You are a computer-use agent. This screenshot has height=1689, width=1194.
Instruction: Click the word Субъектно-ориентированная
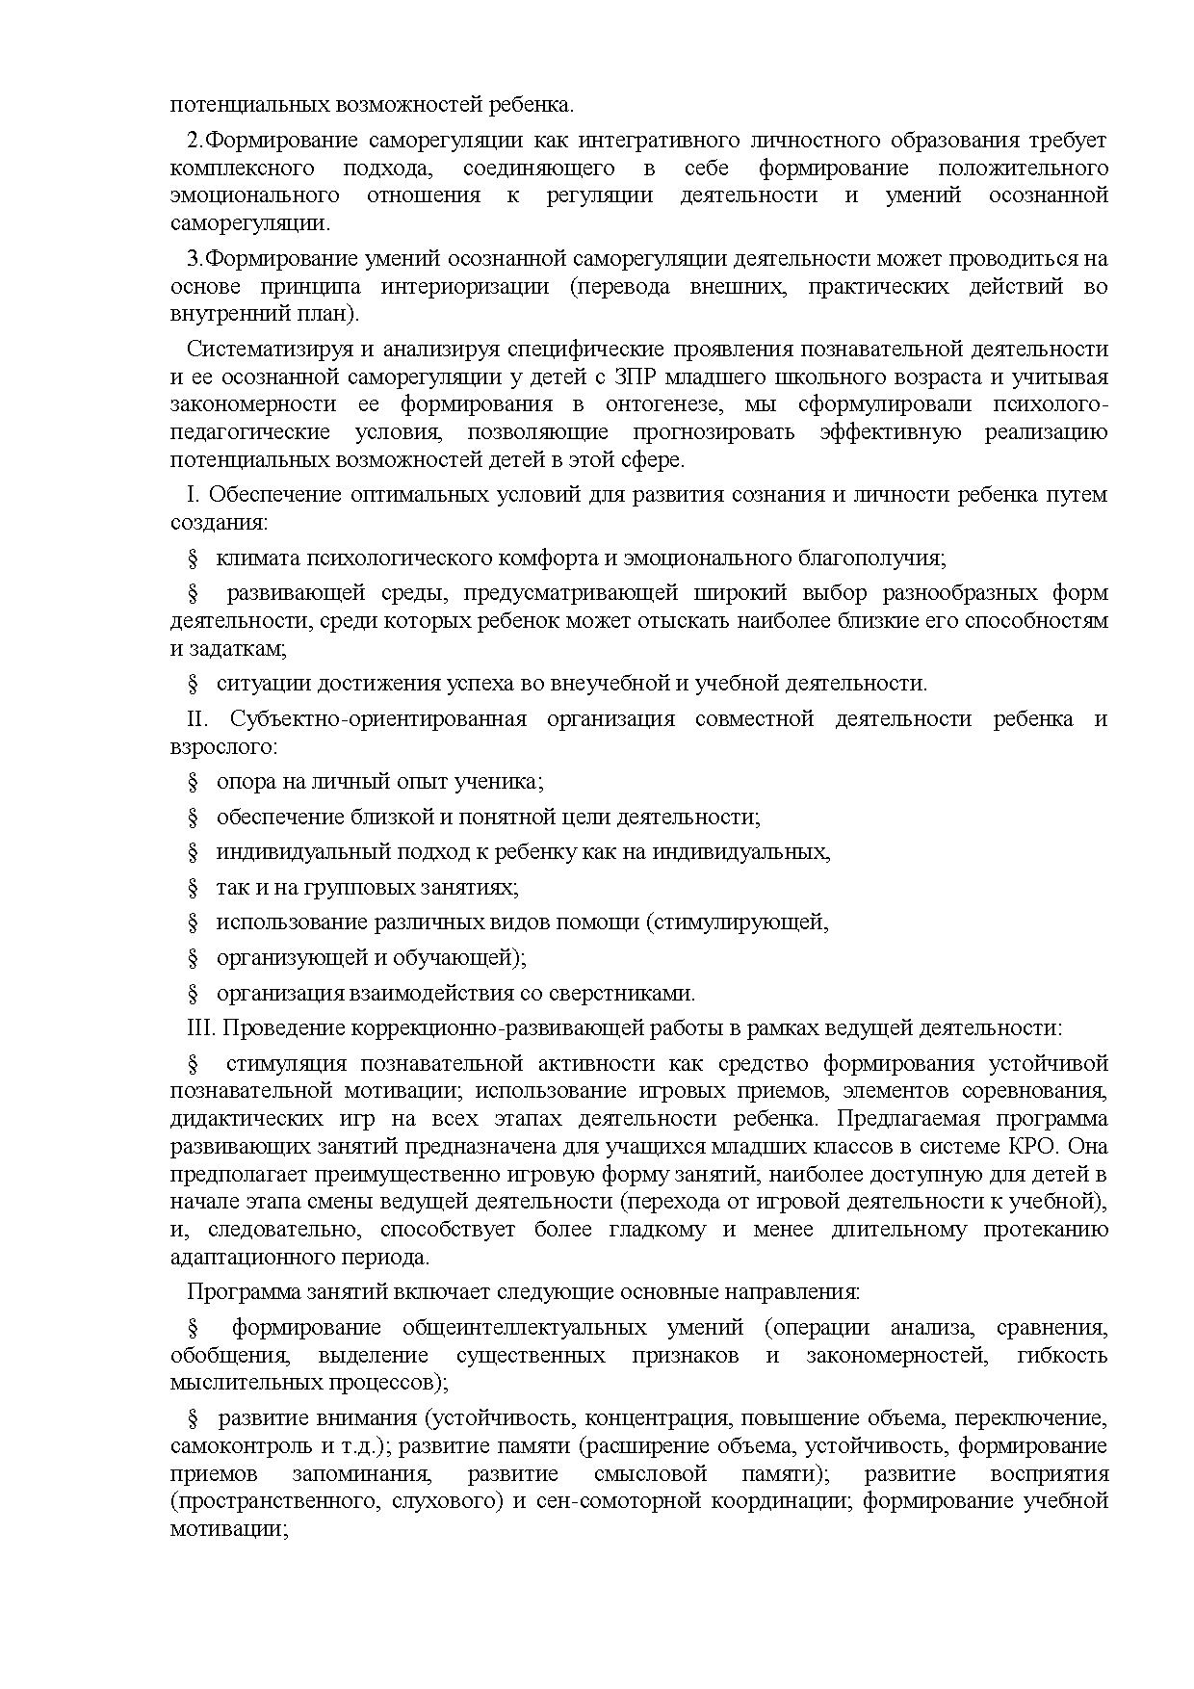click(x=378, y=719)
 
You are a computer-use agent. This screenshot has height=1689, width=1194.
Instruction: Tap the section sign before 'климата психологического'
click(x=193, y=559)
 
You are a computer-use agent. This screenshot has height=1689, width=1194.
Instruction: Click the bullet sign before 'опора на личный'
click(x=193, y=782)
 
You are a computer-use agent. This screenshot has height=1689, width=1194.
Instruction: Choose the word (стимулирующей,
click(x=738, y=922)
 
